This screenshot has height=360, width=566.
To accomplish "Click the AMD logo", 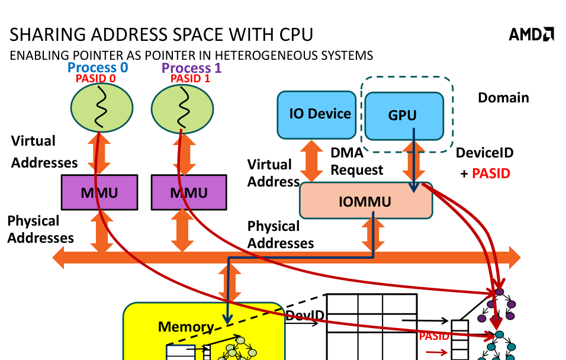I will click(x=531, y=35).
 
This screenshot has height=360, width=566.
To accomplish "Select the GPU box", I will click(x=403, y=115).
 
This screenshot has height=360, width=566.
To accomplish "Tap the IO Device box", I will click(x=320, y=114).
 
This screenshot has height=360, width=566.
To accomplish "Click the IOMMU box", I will click(x=365, y=201).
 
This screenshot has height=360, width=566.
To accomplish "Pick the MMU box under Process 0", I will click(x=99, y=192).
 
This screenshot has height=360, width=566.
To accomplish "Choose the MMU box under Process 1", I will click(x=189, y=192).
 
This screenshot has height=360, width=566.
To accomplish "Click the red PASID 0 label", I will click(x=95, y=78).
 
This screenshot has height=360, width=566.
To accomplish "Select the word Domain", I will click(x=503, y=98).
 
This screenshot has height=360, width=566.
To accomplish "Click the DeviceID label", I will click(x=484, y=153).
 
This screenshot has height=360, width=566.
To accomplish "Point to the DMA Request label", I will click(x=356, y=162).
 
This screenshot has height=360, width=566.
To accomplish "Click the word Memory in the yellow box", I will click(x=185, y=327).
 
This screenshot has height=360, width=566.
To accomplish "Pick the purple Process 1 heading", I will click(x=191, y=68).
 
